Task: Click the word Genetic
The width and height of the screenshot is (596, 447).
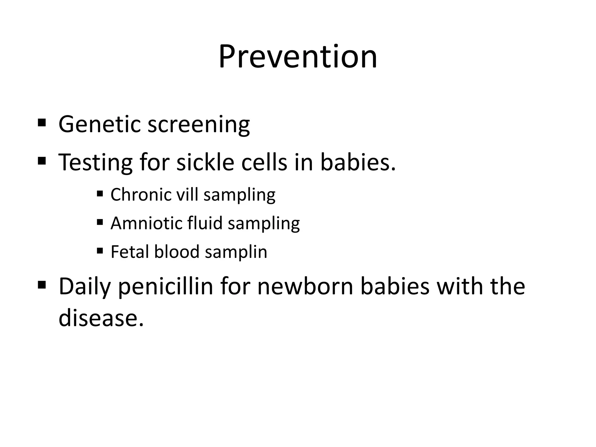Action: click(x=100, y=124)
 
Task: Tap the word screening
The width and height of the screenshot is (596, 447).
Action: click(x=199, y=125)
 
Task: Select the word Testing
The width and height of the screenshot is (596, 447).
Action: click(x=95, y=162)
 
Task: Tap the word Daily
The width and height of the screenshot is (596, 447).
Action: click(x=85, y=287)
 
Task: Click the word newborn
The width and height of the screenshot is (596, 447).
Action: click(x=305, y=286)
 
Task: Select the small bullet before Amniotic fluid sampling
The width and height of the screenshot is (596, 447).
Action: click(x=100, y=222)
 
